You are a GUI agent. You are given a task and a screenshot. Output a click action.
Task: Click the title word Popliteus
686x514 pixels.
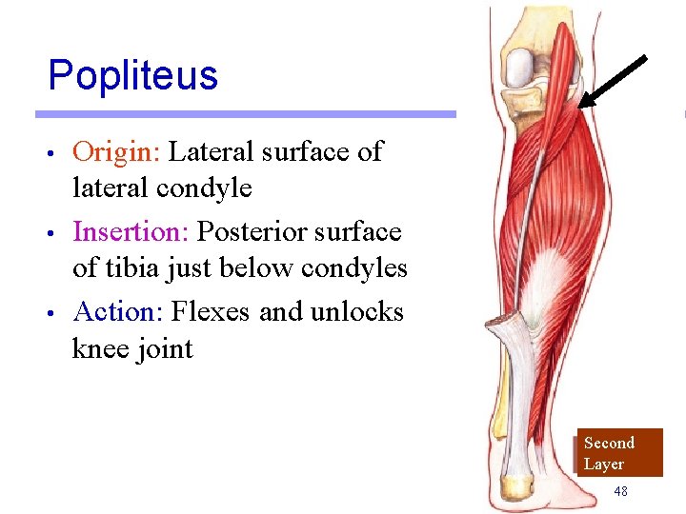point(132,75)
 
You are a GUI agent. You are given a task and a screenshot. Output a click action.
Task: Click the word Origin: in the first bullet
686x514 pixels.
point(116,151)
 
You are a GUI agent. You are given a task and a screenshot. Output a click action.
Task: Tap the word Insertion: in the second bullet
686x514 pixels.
point(131,231)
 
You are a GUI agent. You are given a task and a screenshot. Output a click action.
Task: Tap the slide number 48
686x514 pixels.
point(620,491)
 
